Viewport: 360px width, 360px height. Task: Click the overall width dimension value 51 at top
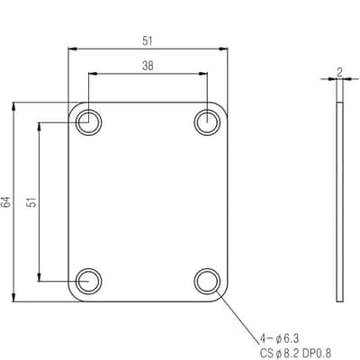click(148, 41)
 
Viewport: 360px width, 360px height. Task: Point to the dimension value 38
click(148, 66)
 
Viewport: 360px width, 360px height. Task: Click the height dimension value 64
click(6, 202)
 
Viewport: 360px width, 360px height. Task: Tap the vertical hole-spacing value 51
click(31, 202)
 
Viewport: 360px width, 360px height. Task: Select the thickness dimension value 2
click(339, 72)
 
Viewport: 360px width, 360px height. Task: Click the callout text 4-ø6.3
click(279, 339)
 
